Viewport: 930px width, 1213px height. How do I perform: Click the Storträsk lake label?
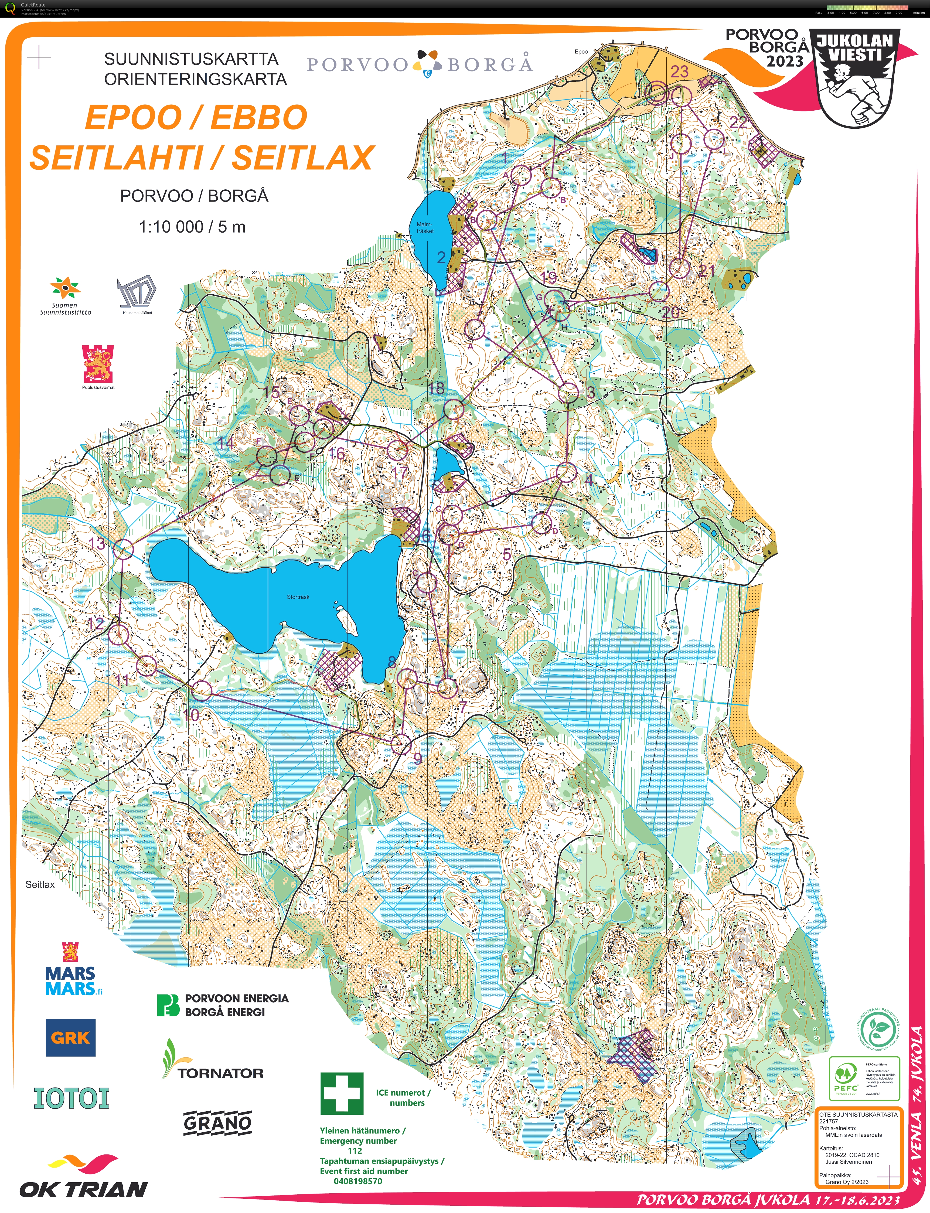point(298,597)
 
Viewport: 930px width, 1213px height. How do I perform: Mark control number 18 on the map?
point(436,389)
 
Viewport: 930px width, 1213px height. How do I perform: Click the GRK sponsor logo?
point(70,1038)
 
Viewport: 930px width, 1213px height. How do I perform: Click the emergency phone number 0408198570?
point(357,1181)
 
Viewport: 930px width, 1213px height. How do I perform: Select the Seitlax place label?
point(40,884)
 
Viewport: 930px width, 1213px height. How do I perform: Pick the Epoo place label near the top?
point(581,52)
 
